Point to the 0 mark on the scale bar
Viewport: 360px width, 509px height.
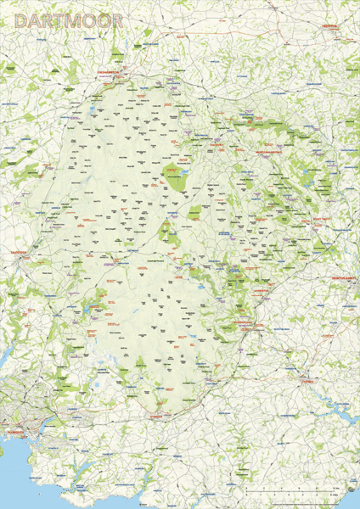point(245,493)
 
